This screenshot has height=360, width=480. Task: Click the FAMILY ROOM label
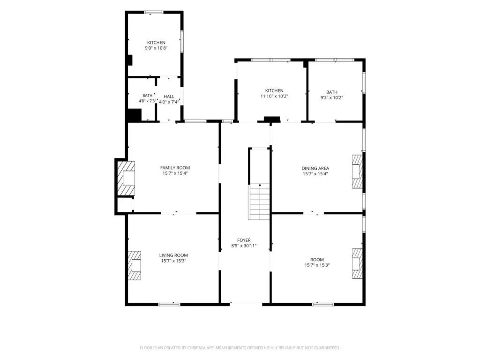pos(175,168)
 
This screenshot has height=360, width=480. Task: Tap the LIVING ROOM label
pos(173,255)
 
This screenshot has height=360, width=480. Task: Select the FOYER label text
pos(244,240)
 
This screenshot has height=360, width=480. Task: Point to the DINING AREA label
pos(315,168)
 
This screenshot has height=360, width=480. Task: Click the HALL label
pos(169,97)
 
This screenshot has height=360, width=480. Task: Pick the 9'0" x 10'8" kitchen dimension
pos(156,48)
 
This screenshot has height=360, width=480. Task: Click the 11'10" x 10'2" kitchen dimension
pos(274,96)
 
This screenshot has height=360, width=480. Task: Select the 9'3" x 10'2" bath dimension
pos(331,97)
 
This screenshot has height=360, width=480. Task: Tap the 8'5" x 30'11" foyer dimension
pos(244,246)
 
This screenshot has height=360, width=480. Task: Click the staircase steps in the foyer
pos(259,202)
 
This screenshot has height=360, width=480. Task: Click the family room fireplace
pos(126,178)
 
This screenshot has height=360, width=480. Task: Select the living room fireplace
pos(134,265)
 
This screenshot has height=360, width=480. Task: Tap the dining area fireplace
pos(357,172)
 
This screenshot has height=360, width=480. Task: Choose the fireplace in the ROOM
pos(357,263)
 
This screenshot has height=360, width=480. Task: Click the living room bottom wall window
pos(169,304)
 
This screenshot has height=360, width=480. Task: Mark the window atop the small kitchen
pos(154,12)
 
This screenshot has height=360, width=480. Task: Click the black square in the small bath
pos(134,115)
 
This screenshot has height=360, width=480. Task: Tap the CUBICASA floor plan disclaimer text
pos(240,348)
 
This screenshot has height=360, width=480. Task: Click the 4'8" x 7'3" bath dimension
pos(147,101)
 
